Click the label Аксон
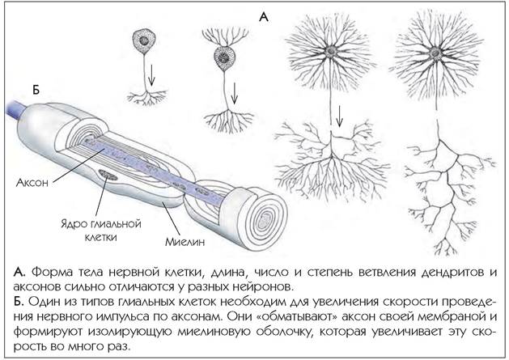tap(32, 183)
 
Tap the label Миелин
tap(185, 242)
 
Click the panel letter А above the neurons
tap(264, 17)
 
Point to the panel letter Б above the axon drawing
tap(36, 89)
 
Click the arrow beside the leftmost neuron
tap(151, 75)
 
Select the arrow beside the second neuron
tap(235, 94)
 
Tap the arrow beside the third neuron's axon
tap(339, 116)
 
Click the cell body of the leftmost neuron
tap(144, 40)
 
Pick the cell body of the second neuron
tap(224, 57)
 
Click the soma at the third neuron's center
tap(331, 51)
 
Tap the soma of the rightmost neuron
tap(435, 53)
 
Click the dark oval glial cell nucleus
tap(108, 175)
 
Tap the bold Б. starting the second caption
tap(19, 302)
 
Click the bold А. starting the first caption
tap(19, 272)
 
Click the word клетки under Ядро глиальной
tap(100, 237)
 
